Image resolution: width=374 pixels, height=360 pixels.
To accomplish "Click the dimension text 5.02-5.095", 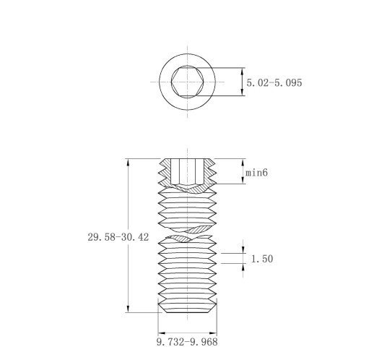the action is pyautogui.click(x=274, y=82).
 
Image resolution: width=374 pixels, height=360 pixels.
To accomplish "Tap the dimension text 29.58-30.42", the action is pyautogui.click(x=118, y=237).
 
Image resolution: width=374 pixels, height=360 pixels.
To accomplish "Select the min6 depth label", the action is pyautogui.click(x=256, y=173).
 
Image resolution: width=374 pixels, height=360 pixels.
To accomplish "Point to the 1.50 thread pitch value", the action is pyautogui.click(x=262, y=259).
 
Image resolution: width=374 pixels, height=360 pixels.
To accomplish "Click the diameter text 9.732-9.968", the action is pyautogui.click(x=187, y=342).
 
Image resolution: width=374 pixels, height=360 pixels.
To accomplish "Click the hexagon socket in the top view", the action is pyautogui.click(x=188, y=82).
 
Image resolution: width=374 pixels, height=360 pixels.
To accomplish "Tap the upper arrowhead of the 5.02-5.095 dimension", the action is pyautogui.click(x=243, y=72).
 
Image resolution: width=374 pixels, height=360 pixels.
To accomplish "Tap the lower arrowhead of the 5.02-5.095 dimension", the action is pyautogui.click(x=243, y=92).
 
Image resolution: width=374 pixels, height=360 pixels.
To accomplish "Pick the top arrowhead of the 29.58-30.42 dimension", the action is pyautogui.click(x=128, y=162).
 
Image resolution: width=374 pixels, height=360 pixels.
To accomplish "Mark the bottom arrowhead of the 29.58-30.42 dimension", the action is pyautogui.click(x=128, y=309).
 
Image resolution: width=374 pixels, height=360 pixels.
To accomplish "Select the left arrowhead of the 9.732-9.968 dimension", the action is pyautogui.click(x=162, y=333).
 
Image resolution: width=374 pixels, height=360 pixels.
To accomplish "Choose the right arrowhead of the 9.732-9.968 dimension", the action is pyautogui.click(x=213, y=333).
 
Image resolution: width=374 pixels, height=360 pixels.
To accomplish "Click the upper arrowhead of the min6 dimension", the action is pyautogui.click(x=243, y=163).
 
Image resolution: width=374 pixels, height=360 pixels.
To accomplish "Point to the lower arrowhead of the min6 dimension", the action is pyautogui.click(x=243, y=181).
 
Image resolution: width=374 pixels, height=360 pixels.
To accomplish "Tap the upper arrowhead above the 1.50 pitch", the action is pyautogui.click(x=243, y=249).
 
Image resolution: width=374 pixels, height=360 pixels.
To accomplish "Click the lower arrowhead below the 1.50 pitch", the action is pyautogui.click(x=243, y=267).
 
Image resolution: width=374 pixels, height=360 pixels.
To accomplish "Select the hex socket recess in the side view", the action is pyautogui.click(x=187, y=171).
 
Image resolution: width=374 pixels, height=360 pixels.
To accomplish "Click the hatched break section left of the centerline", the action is pyautogui.click(x=181, y=239).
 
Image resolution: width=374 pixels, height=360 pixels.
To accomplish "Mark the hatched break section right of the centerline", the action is pyautogui.click(x=199, y=229).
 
